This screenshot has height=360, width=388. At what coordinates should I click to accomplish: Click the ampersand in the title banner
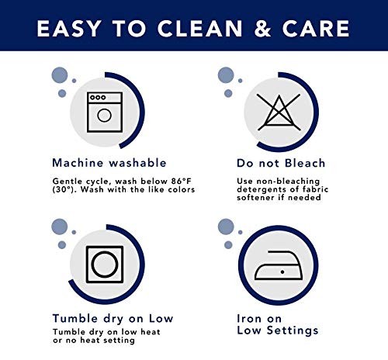point(262,29)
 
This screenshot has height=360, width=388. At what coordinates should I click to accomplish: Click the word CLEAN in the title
point(199,29)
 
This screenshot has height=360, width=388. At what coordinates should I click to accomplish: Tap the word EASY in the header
point(68,29)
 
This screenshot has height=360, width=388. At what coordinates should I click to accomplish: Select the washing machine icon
point(105,112)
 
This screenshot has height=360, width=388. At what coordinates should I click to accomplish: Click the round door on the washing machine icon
point(105,116)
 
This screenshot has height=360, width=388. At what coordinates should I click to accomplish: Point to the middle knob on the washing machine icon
point(98,98)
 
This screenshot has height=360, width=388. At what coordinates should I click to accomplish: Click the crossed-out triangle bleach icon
point(279,112)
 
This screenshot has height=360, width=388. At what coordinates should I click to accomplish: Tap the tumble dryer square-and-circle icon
point(105,265)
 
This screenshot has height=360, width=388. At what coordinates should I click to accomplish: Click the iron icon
point(279,265)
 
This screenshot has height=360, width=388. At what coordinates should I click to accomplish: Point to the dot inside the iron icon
point(282,272)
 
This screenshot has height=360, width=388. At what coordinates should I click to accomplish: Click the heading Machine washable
point(109,163)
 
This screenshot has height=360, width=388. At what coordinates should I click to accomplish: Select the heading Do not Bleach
point(281,163)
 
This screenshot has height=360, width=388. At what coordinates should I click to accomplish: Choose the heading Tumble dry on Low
point(113,319)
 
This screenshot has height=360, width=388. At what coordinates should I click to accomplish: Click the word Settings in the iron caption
point(293,331)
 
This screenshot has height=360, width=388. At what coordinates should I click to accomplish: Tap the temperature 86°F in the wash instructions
point(181,181)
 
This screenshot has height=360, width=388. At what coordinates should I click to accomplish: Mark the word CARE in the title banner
point(316,29)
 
